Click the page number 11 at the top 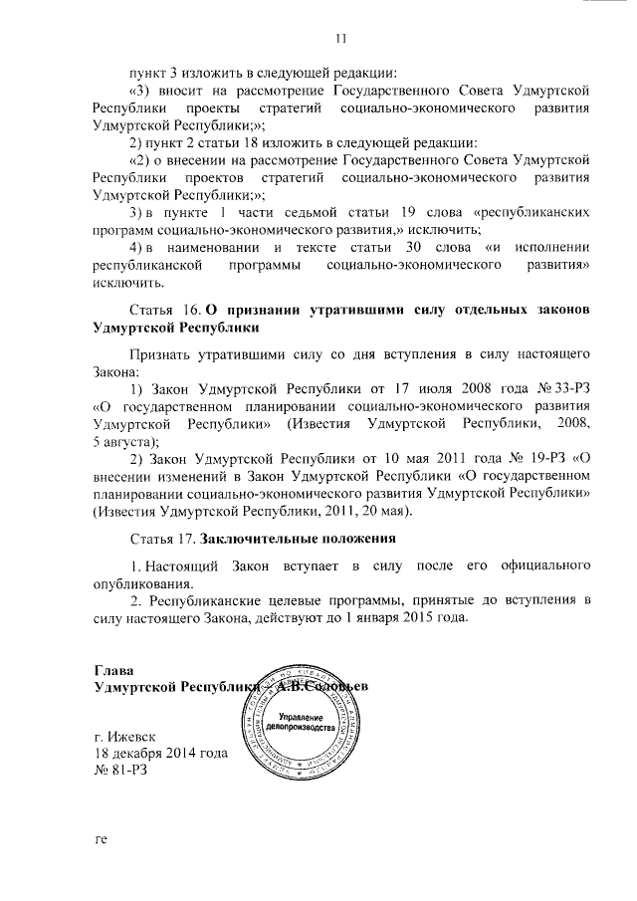(x=340, y=39)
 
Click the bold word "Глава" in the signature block (x=111, y=669)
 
